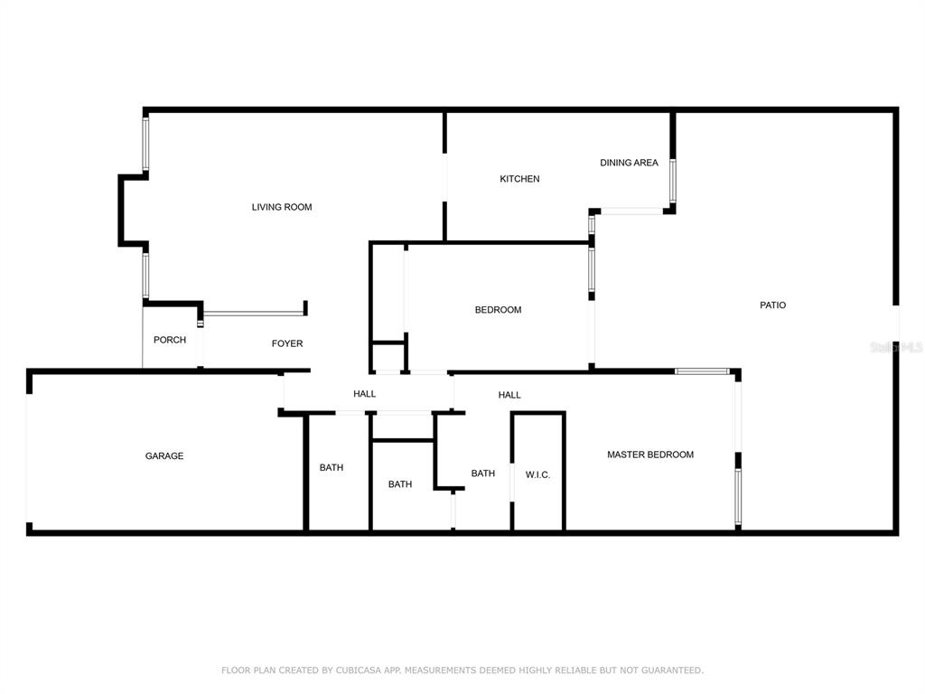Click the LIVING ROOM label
(282, 207)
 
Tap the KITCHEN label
(519, 179)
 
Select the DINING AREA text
(629, 163)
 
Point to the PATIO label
(773, 305)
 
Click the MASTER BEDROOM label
(650, 455)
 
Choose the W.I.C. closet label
(537, 474)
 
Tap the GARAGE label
(164, 455)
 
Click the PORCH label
(169, 340)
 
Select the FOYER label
(286, 343)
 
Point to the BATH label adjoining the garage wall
(331, 467)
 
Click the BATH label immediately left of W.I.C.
(482, 474)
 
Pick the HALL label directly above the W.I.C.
(509, 395)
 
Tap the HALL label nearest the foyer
(364, 394)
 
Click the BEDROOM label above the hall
(498, 310)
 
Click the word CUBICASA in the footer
(358, 671)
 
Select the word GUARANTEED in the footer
(672, 671)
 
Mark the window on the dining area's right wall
(672, 181)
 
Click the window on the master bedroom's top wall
(702, 371)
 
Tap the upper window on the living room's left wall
(145, 144)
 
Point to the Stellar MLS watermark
(896, 347)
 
